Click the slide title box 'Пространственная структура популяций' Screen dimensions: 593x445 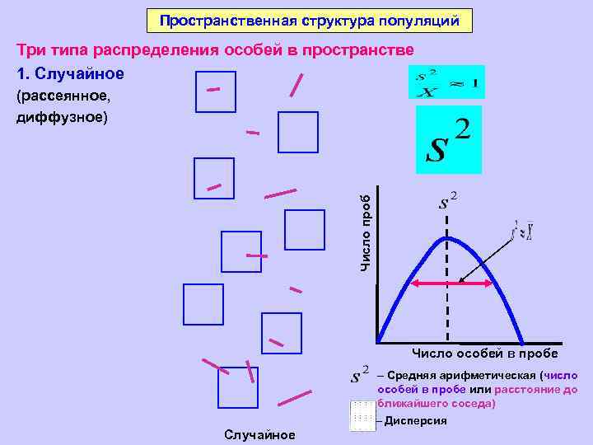click(310, 21)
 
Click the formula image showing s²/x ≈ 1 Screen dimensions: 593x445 click(446, 82)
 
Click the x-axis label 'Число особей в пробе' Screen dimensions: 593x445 click(484, 354)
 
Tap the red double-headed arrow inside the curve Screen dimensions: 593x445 click(452, 283)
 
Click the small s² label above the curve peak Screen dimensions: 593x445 click(448, 200)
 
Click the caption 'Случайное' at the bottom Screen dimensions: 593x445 click(259, 434)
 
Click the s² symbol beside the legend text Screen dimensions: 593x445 click(361, 375)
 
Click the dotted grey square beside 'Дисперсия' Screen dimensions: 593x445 click(362, 415)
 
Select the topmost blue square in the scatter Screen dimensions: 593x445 click(216, 91)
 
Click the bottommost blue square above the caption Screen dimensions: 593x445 click(238, 387)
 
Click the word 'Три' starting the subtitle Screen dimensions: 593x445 click(32, 49)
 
